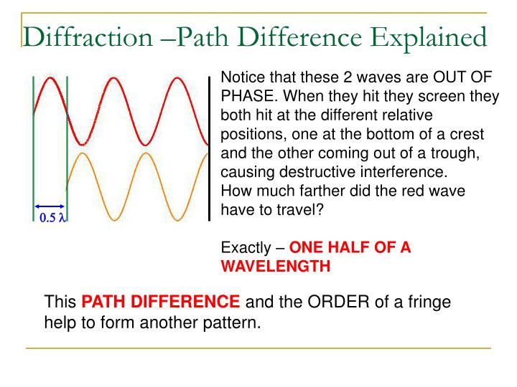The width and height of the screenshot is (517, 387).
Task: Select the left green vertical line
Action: tap(34, 143)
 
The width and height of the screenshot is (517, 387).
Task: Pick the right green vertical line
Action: tap(67, 143)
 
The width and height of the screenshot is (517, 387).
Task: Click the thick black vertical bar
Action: tap(209, 147)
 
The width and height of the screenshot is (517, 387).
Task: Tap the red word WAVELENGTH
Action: tap(276, 266)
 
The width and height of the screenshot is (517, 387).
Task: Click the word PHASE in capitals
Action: tap(245, 96)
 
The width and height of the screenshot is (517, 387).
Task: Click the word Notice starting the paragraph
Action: tap(242, 77)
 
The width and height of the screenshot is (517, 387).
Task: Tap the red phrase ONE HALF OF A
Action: tap(350, 248)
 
